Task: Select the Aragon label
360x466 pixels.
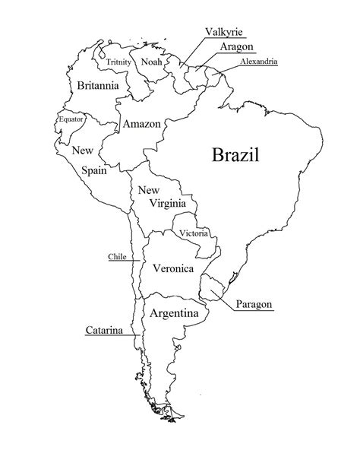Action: coord(237,46)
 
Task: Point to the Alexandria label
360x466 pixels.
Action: coord(258,61)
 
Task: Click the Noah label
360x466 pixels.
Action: coord(153,62)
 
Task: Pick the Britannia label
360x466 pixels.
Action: coord(98,86)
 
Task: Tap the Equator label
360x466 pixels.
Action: coord(71,119)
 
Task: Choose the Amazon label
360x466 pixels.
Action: coord(141,124)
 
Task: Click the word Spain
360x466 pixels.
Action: coord(94,171)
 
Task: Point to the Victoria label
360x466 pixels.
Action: coord(193,233)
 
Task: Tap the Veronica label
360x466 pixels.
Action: coord(173,268)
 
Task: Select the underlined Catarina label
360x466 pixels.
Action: coord(104,331)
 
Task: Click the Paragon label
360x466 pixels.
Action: coord(254,304)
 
